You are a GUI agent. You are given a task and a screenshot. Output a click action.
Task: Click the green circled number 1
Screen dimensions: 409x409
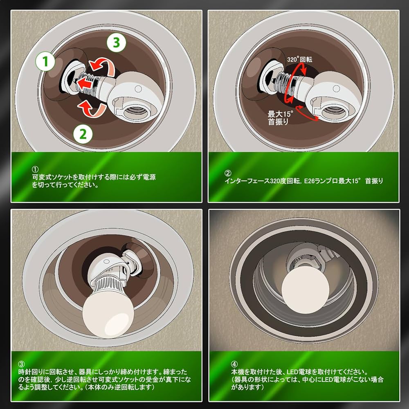pos(46,62)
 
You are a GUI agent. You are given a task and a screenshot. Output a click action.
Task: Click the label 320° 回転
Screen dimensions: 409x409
pos(299,59)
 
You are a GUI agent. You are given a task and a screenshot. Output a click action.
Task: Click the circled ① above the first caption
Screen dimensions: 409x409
pos(35,169)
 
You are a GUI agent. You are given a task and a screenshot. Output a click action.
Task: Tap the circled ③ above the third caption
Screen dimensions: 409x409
pos(22,364)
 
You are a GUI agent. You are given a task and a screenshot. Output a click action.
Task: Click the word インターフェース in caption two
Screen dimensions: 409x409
pos(251,180)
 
